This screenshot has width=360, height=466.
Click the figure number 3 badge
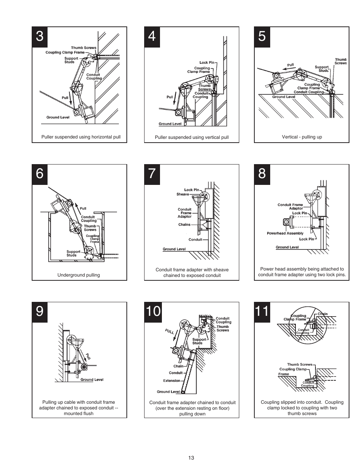tap(40, 36)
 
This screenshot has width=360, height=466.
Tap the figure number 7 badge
tap(152, 174)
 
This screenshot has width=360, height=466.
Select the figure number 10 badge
tap(153, 312)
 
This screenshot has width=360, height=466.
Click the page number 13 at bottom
tap(191, 458)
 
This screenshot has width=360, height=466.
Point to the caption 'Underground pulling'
tap(78, 275)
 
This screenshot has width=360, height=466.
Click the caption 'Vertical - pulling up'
tap(302, 137)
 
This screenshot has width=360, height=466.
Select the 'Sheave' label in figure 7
tap(183, 194)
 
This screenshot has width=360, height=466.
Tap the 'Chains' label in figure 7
tap(184, 225)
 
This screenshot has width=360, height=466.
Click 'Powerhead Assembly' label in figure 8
tap(285, 233)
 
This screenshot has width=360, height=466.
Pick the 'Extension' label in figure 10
tap(172, 380)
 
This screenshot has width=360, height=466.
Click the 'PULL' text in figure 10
tap(169, 332)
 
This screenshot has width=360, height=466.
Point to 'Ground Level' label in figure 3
tap(58, 117)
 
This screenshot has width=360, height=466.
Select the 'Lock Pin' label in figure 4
tap(206, 63)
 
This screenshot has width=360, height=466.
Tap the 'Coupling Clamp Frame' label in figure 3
tap(65, 52)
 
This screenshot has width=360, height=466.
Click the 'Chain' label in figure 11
tap(323, 314)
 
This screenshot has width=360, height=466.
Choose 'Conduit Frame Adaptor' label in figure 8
tap(290, 206)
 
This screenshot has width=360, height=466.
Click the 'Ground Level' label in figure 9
tap(92, 380)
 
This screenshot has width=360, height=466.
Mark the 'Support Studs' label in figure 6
tap(73, 253)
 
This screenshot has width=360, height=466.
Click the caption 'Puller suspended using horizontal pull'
tap(81, 137)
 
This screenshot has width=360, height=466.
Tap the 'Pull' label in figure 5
tap(290, 65)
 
